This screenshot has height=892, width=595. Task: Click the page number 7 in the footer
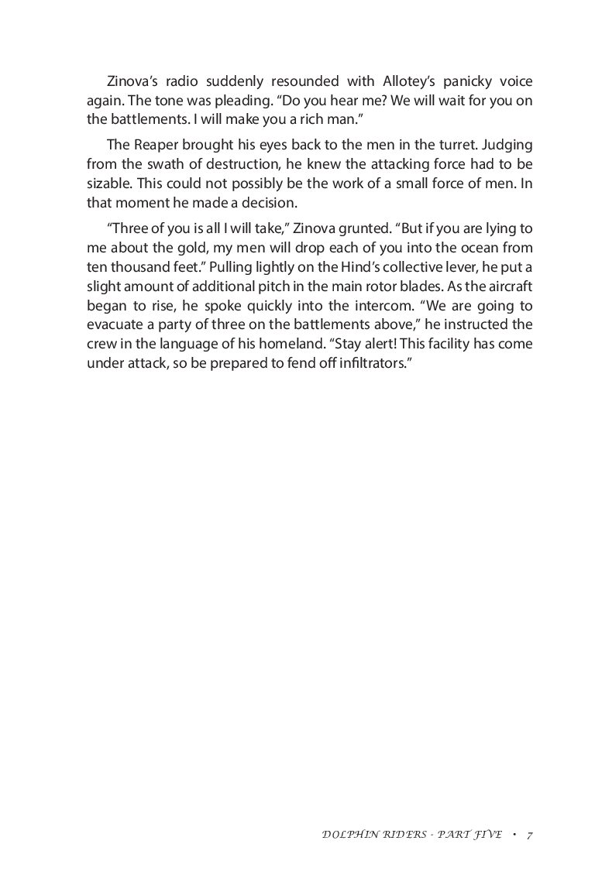(x=528, y=835)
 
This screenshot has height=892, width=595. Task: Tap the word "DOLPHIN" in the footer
(x=347, y=835)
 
